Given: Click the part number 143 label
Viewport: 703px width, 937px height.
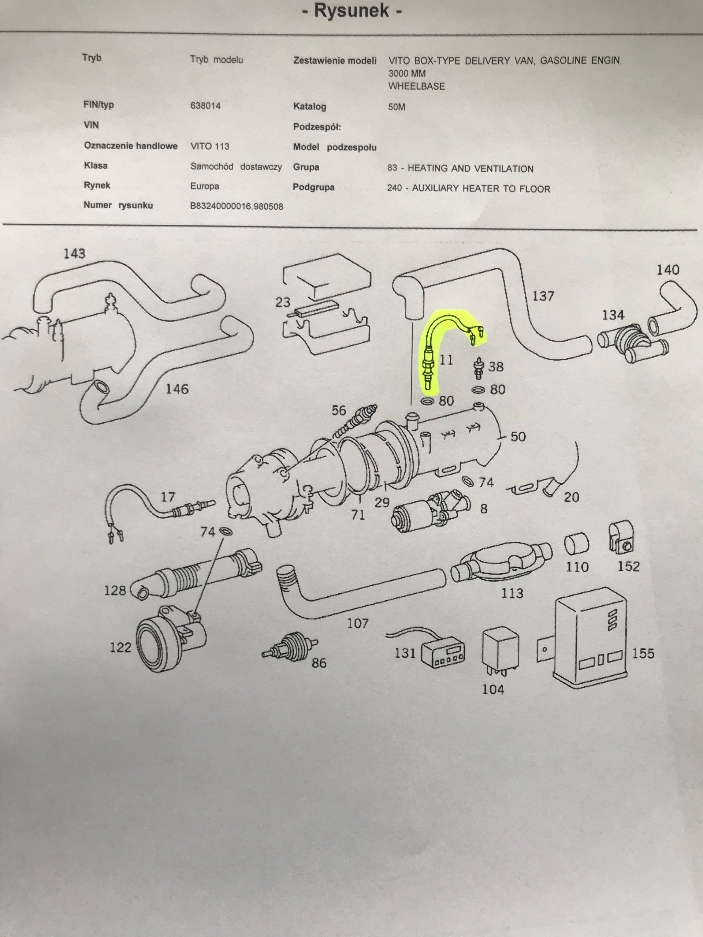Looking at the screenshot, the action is pos(74,254).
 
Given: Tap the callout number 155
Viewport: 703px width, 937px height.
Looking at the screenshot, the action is pos(643,653).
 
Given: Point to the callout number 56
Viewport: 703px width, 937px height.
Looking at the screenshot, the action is pos(339,410).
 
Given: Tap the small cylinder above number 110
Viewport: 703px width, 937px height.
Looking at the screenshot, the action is pos(577,544).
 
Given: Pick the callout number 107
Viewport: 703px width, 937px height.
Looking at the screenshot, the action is pos(358,624).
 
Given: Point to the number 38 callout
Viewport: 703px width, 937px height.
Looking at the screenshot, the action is pos(496,366).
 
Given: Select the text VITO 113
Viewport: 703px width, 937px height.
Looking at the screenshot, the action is pos(210,146).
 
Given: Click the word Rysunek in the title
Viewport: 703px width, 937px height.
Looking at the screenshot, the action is pos(351,11).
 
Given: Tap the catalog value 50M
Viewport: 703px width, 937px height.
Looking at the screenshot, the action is pos(397,107).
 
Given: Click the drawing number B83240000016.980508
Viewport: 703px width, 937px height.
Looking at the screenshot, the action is pos(237,206).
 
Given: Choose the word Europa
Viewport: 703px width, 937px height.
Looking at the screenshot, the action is pos(205,186).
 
